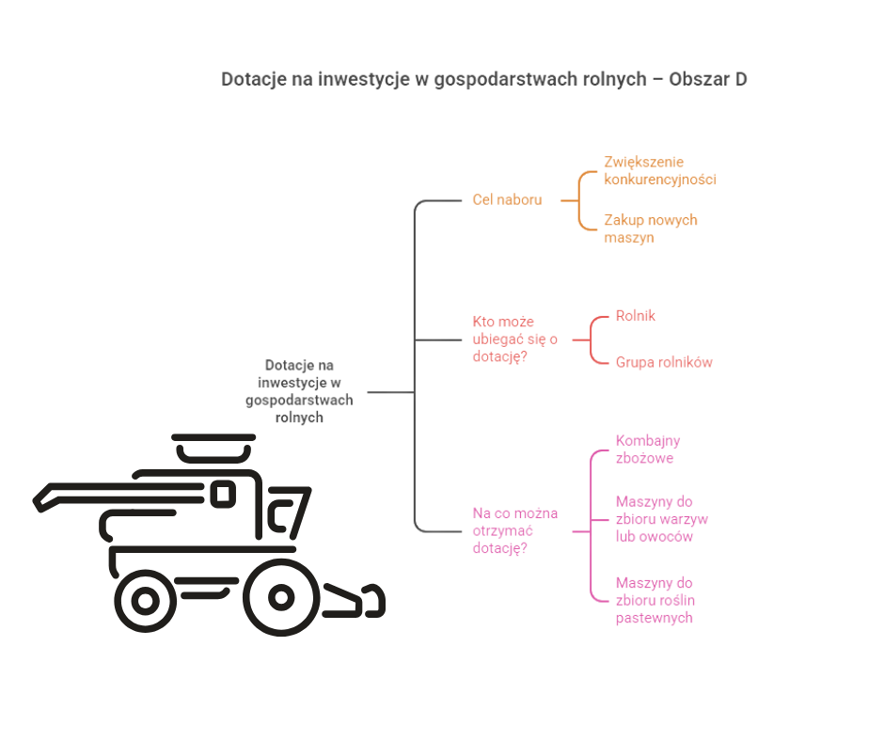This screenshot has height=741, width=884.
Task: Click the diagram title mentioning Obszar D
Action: [x=483, y=79]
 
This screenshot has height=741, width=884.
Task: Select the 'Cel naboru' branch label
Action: [x=507, y=199]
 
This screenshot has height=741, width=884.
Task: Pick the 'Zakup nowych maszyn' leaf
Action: [x=650, y=229]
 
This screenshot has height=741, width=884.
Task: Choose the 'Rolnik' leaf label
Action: [x=635, y=316]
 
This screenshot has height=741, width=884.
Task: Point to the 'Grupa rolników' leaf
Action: [x=664, y=362]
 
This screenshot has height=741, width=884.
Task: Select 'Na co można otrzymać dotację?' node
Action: [x=514, y=530]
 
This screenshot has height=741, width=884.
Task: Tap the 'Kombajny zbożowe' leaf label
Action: [x=648, y=449]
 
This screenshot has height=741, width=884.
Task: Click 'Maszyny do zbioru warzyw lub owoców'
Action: [x=661, y=519]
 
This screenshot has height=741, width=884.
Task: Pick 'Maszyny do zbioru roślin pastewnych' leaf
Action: [x=655, y=600]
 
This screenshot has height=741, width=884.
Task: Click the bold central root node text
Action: [x=299, y=390]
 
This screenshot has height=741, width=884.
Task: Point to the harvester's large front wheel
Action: [x=281, y=596]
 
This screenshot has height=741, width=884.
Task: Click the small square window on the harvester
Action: [x=223, y=494]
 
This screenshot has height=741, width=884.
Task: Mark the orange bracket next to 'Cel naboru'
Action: [x=580, y=199]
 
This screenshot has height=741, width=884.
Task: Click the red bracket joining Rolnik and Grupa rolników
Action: [x=593, y=339]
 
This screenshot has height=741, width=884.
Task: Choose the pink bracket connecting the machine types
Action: [x=592, y=527]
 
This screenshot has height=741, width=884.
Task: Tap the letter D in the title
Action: [x=740, y=79]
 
